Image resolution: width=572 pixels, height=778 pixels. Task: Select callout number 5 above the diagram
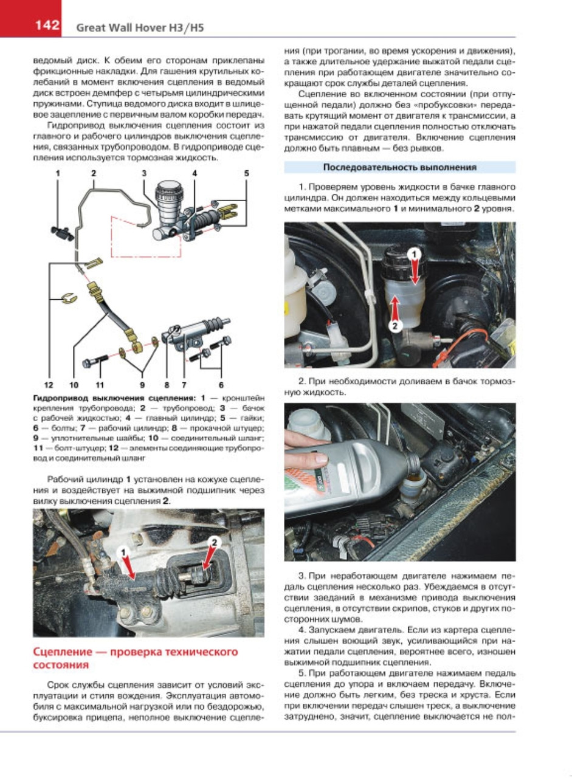point(246,173)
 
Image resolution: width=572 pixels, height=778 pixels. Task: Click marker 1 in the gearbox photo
point(123,552)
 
